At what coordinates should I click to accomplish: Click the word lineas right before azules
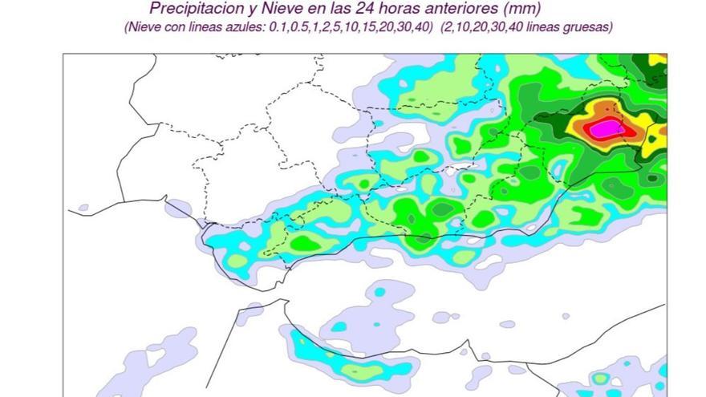[x=200, y=26]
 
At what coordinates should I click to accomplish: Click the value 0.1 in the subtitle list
[x=266, y=26]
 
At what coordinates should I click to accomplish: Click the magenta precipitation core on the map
[x=606, y=127]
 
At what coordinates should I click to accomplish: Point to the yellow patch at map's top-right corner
[x=658, y=59]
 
